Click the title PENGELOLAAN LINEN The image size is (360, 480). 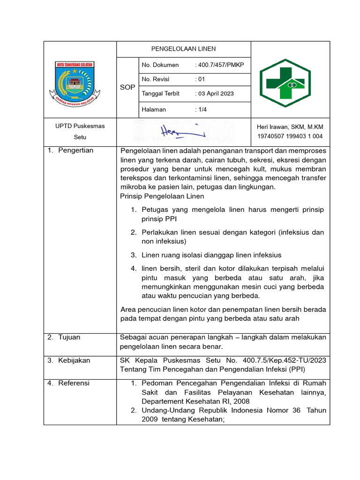tap(183, 49)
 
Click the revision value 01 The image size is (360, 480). tap(200, 79)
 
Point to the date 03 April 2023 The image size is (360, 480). tap(214, 94)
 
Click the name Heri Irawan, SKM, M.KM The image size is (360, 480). tap(290, 127)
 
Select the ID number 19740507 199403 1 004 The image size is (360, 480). tap(290, 137)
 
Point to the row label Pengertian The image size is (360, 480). tap(75, 150)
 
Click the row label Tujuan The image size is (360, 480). tap(69, 337)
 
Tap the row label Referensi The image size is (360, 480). tap(74, 383)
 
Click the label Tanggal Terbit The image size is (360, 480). tap(161, 94)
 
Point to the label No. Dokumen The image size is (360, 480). tap(160, 65)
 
